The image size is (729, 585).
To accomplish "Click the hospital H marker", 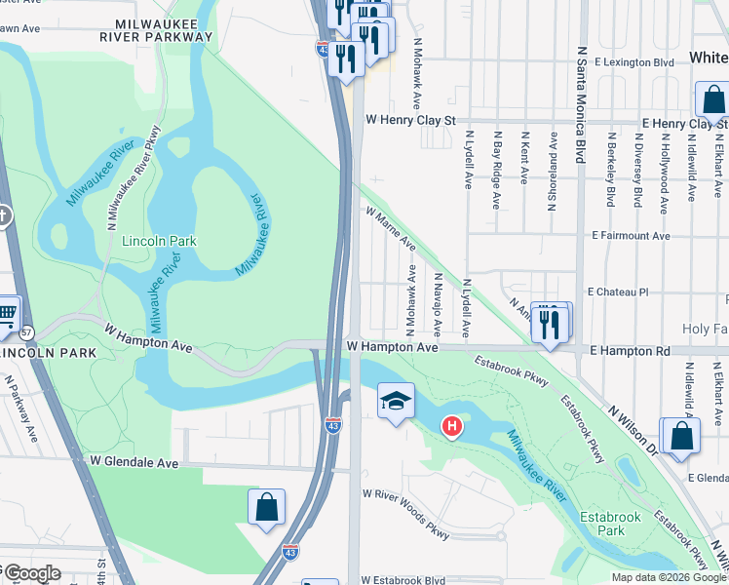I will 451,426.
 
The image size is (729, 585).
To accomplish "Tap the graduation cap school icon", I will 396,401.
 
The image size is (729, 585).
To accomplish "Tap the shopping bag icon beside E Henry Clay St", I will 713,99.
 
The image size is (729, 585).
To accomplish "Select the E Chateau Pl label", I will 617,292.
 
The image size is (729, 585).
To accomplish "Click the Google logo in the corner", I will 31,573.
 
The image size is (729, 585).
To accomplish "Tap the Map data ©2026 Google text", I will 668,577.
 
